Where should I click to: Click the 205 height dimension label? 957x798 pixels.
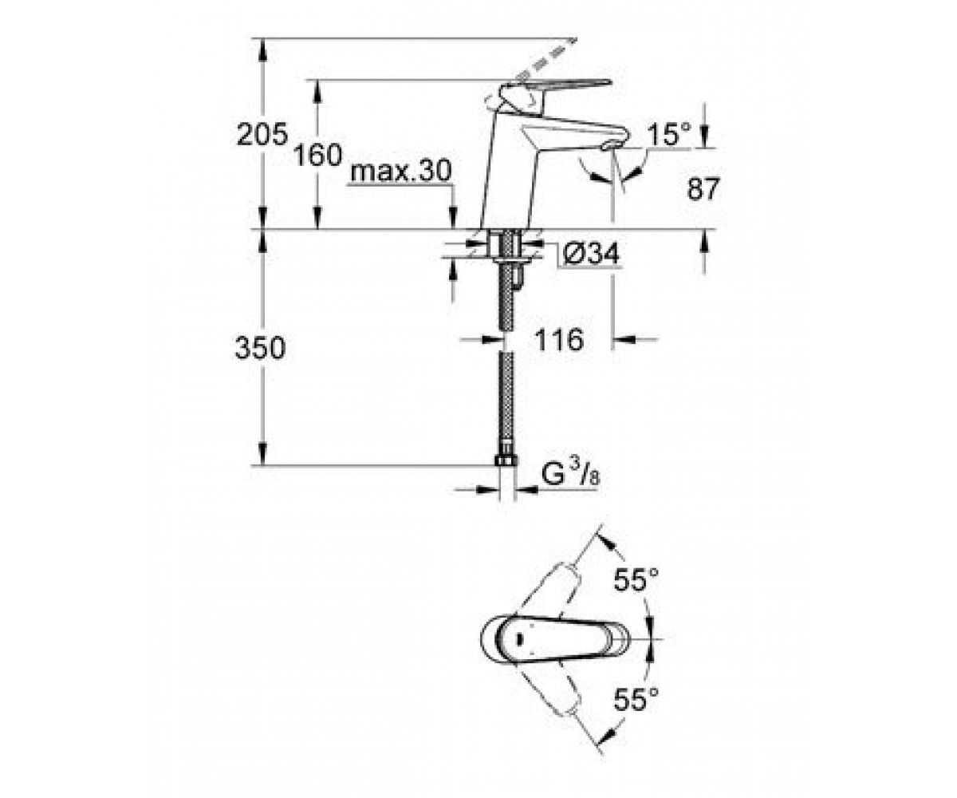pyautogui.click(x=262, y=134)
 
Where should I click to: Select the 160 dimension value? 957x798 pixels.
pyautogui.click(x=317, y=155)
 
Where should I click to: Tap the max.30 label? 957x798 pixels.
pyautogui.click(x=400, y=172)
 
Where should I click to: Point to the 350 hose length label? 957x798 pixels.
pyautogui.click(x=260, y=348)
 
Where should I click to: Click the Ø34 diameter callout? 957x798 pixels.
pyautogui.click(x=591, y=253)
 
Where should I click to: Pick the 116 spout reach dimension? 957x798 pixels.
pyautogui.click(x=559, y=340)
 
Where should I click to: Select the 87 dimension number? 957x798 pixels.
pyautogui.click(x=703, y=188)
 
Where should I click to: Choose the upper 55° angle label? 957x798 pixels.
pyautogui.click(x=636, y=579)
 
